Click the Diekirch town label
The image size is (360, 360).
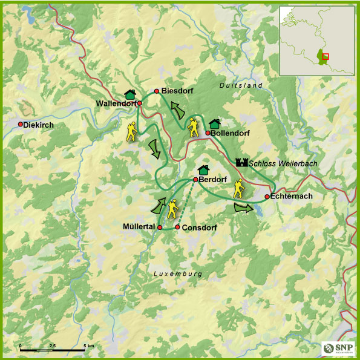[39, 125]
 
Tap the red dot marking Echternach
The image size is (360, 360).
[267, 197]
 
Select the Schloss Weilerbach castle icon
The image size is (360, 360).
[242, 162]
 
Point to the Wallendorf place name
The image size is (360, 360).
[116, 103]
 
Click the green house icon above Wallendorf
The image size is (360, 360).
[129, 94]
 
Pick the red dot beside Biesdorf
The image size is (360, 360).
[156, 91]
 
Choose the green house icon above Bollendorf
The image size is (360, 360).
[214, 123]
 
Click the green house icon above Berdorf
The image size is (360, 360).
[203, 169]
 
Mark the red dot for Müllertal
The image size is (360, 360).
[160, 227]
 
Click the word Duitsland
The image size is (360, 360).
[241, 86]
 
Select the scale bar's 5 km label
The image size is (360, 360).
[88, 345]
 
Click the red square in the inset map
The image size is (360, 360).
[326, 56]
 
